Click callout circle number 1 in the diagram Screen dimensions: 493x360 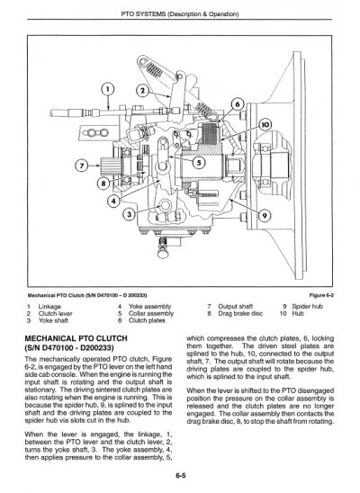tap(108, 88)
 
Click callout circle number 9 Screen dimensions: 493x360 tap(263, 215)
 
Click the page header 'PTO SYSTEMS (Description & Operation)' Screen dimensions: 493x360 tap(180, 13)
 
